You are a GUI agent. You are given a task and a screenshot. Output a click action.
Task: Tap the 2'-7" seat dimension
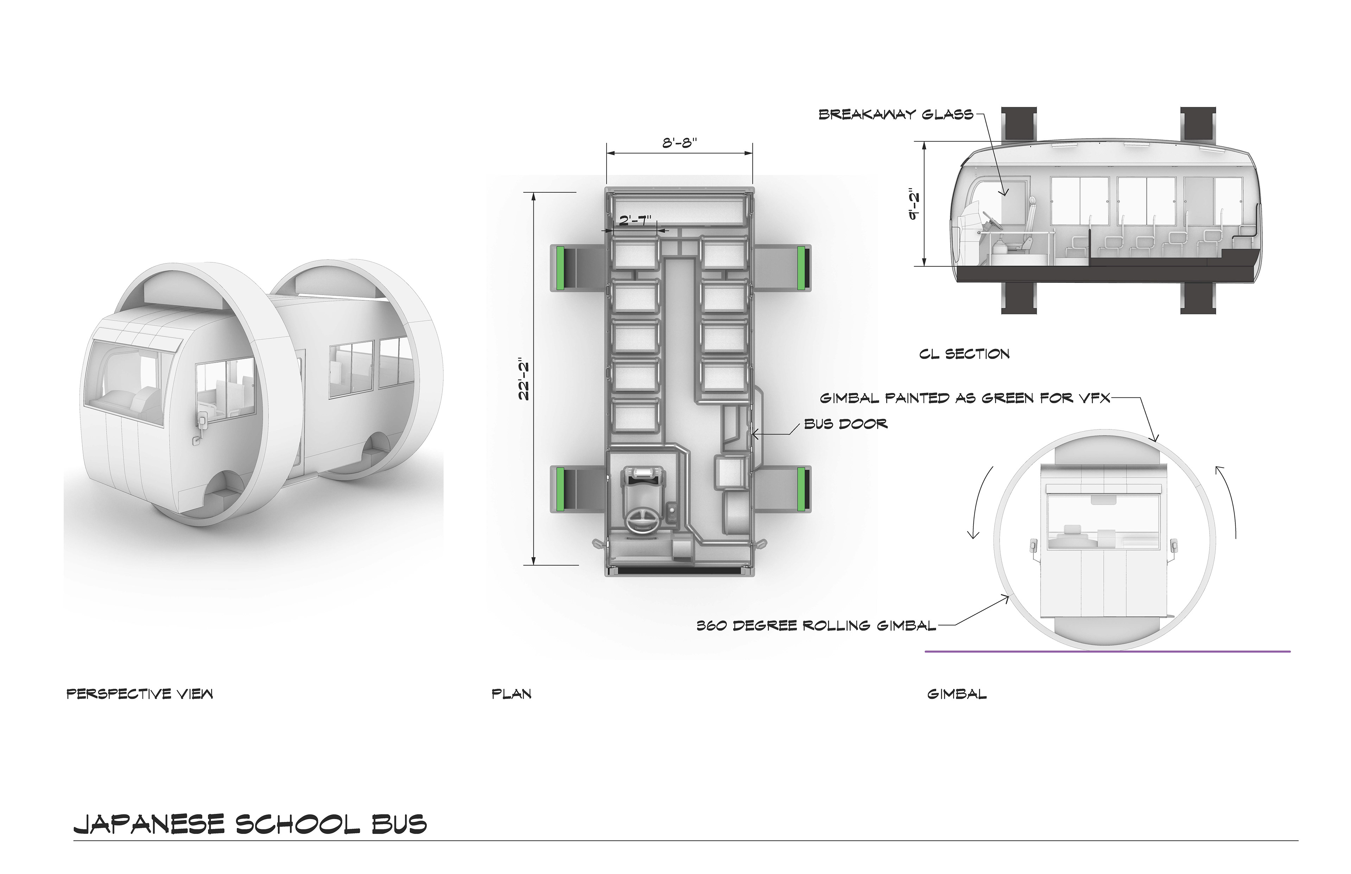[x=635, y=220]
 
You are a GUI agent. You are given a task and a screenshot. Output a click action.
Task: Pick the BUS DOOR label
[x=845, y=424]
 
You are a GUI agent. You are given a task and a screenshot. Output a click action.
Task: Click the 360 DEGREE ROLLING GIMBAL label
[x=816, y=626]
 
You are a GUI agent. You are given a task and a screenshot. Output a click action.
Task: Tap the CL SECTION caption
[x=964, y=354]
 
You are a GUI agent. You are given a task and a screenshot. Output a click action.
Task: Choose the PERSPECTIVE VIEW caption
[x=140, y=694]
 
